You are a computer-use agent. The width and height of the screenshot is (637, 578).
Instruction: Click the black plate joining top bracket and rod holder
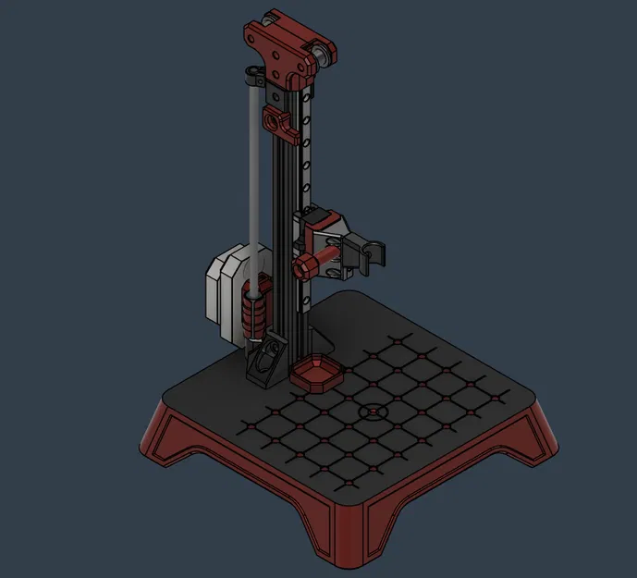click(x=275, y=92)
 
